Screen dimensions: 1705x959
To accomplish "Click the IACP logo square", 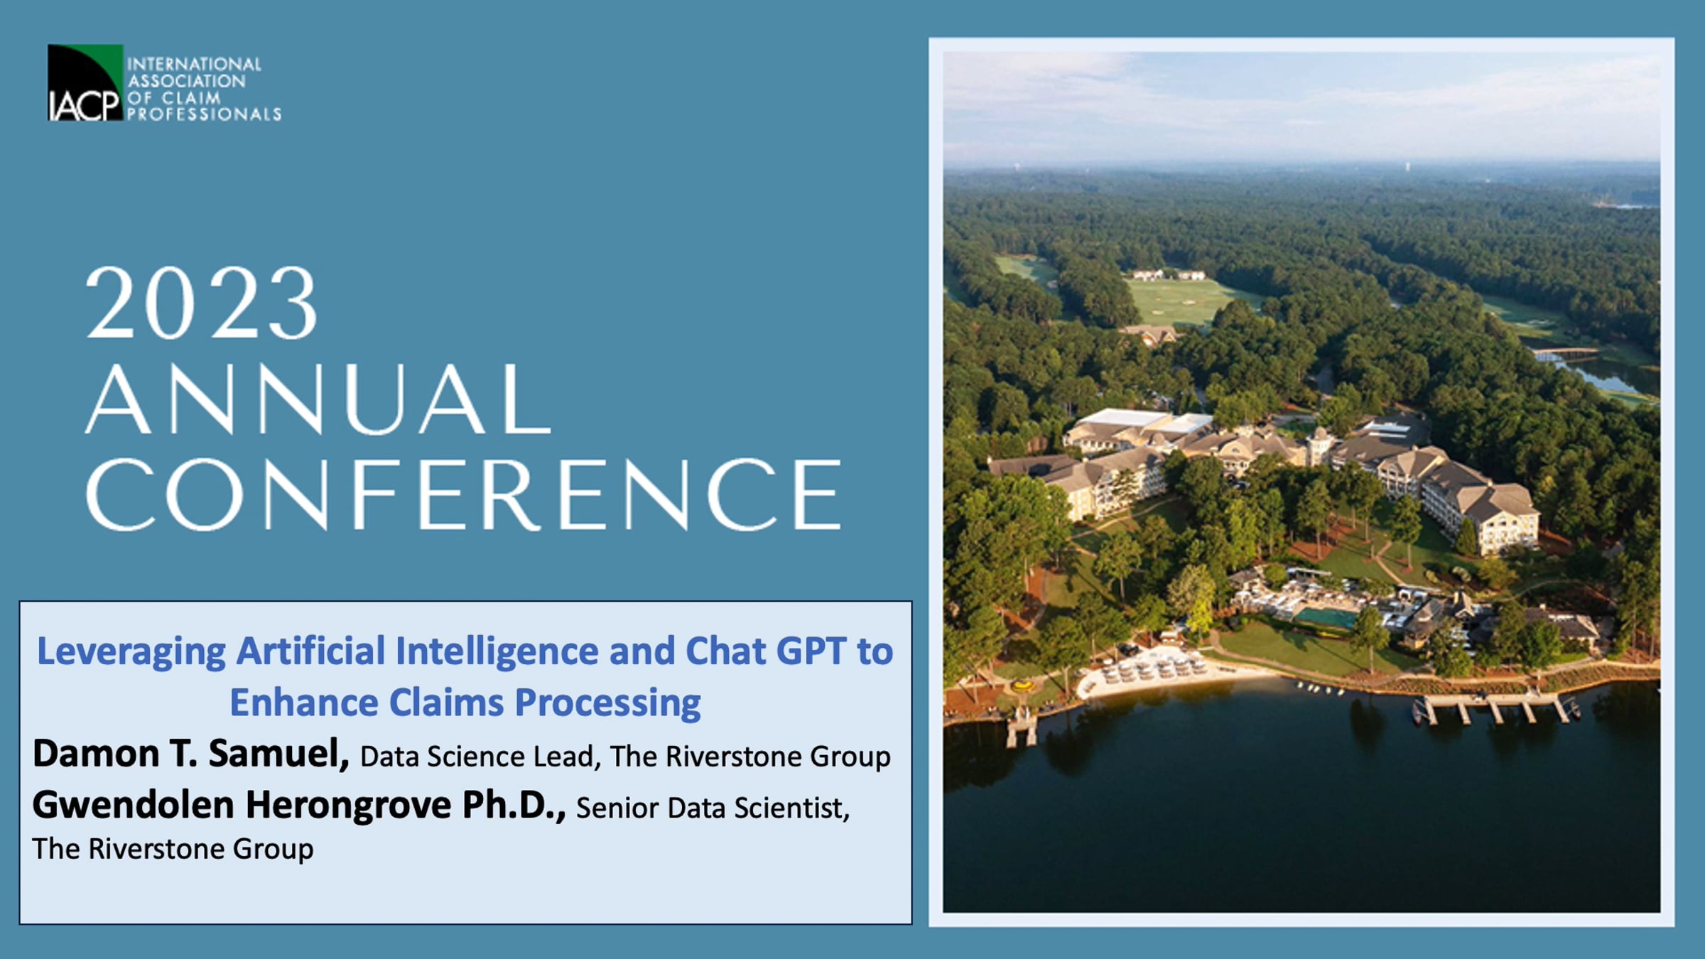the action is pyautogui.click(x=85, y=82).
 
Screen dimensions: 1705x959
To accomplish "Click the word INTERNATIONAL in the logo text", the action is pyautogui.click(x=194, y=64).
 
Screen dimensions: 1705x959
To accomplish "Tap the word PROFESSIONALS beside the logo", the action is pyautogui.click(x=204, y=114).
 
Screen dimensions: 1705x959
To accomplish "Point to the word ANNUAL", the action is pyautogui.click(x=318, y=399).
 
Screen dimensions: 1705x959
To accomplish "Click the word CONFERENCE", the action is pyautogui.click(x=463, y=494).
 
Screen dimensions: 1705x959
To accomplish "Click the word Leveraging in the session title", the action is pyautogui.click(x=131, y=652).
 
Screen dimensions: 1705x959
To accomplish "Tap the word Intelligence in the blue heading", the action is pyautogui.click(x=497, y=651).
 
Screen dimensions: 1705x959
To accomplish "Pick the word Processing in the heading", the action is pyautogui.click(x=608, y=703).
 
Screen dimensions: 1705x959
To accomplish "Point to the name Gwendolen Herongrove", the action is pyautogui.click(x=242, y=805).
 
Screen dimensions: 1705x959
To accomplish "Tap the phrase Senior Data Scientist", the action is pyautogui.click(x=713, y=808).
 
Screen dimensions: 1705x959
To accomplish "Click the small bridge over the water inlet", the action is pyautogui.click(x=1563, y=352).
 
